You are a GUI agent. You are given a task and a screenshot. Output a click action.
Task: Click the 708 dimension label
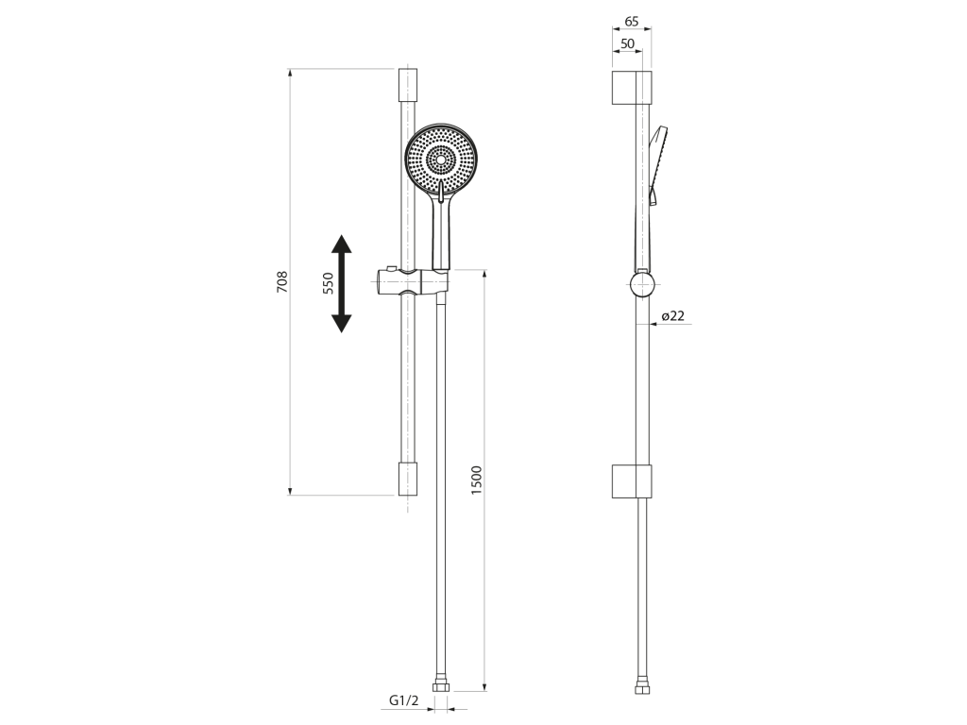(281, 281)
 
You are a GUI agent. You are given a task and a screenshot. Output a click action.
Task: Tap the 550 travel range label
(328, 283)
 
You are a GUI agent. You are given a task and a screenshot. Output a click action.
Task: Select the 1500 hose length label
(476, 481)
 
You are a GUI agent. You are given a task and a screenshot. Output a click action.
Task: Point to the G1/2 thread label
(404, 701)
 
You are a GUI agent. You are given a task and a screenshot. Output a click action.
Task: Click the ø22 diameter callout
(672, 316)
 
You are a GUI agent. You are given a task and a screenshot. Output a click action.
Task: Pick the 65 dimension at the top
(632, 22)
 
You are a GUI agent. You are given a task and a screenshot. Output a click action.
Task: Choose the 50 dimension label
(627, 43)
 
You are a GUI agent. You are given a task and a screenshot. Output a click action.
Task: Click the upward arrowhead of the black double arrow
(341, 244)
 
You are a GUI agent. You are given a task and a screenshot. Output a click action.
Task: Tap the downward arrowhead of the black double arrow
(341, 323)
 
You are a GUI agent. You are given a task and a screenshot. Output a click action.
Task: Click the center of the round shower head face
(440, 159)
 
